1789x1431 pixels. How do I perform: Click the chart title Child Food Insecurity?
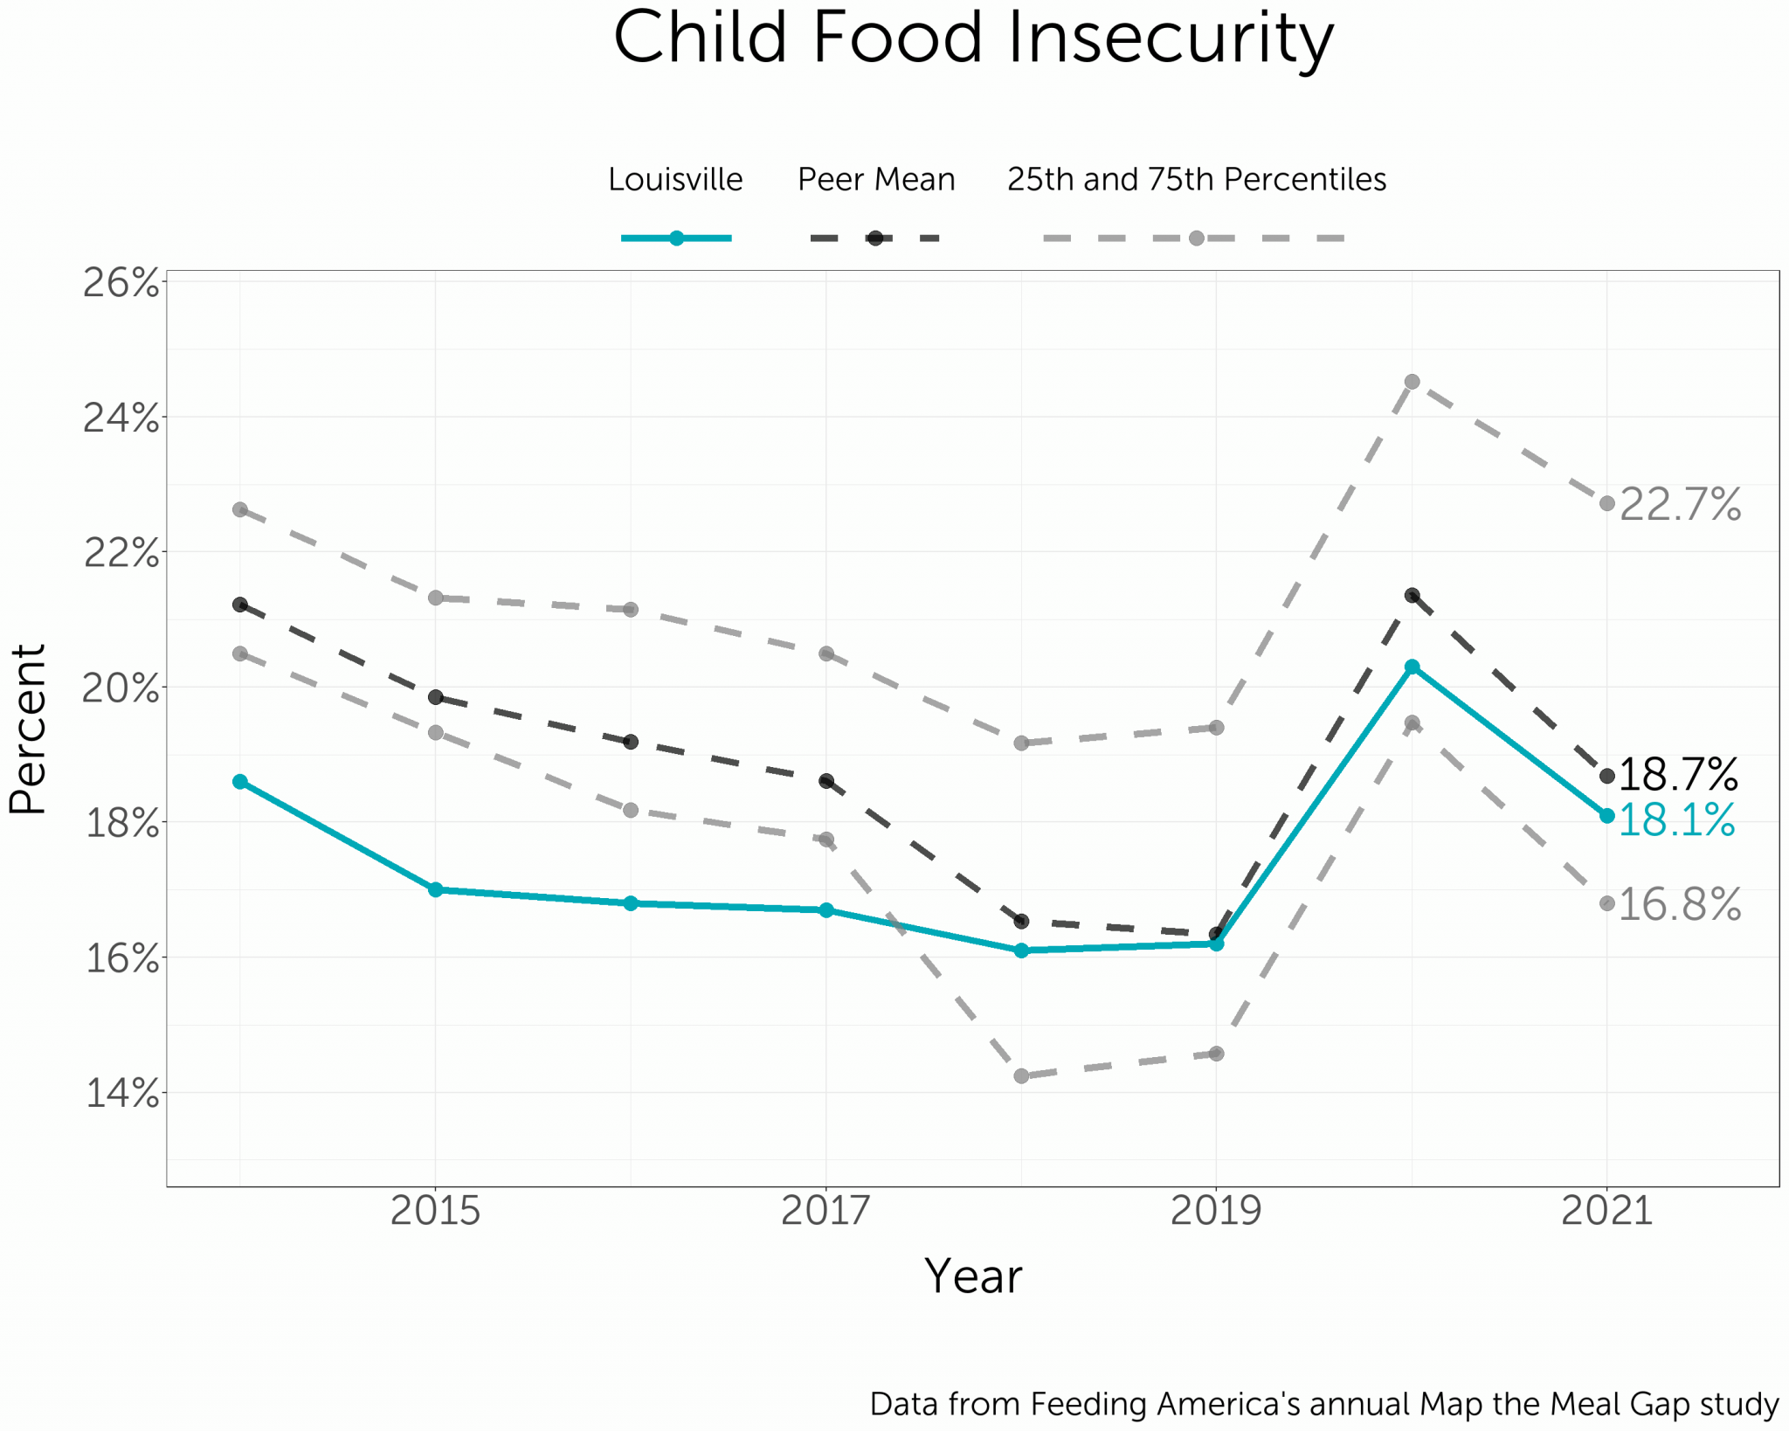(x=973, y=38)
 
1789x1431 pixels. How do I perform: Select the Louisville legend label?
(x=675, y=179)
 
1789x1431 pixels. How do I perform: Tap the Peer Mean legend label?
(x=876, y=179)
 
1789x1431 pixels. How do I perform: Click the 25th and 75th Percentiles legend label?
(x=1196, y=179)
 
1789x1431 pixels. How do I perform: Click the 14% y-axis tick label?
(x=121, y=1093)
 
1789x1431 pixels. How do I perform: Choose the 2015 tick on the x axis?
(x=435, y=1211)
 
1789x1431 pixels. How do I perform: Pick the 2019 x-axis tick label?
(x=1216, y=1211)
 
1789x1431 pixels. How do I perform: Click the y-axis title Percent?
(x=28, y=729)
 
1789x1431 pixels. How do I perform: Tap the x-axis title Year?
(x=973, y=1276)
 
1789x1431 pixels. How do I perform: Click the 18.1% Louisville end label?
(x=1677, y=820)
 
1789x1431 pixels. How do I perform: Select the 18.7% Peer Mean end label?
(x=1677, y=774)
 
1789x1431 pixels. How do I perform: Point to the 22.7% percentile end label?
(x=1680, y=505)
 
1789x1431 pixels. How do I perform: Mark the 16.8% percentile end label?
(x=1680, y=904)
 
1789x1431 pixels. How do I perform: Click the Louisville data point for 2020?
(x=1412, y=667)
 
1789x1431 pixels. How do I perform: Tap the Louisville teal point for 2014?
(x=240, y=781)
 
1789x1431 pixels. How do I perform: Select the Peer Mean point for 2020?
(x=1412, y=595)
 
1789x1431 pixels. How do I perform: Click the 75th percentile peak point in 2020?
(x=1412, y=382)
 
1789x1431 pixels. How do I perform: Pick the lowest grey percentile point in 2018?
(x=1021, y=1076)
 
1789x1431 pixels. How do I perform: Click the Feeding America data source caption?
(x=1323, y=1404)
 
